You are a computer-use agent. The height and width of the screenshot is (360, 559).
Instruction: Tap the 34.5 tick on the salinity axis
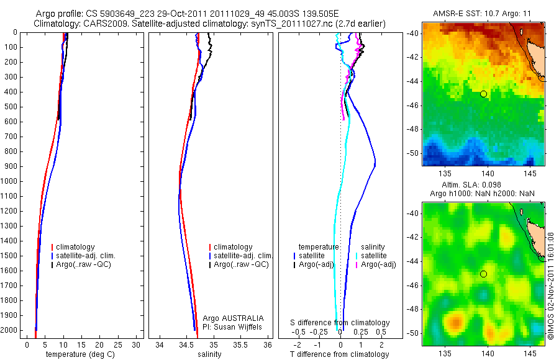pyautogui.click(x=186, y=343)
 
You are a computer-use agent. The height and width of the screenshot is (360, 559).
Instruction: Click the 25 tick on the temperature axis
pyautogui.click(x=118, y=343)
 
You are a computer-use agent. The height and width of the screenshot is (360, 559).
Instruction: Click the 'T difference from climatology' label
pyautogui.click(x=339, y=354)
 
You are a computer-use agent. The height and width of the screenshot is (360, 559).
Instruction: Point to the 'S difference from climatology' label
pyautogui.click(x=340, y=323)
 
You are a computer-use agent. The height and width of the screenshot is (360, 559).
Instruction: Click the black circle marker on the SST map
pyautogui.click(x=483, y=94)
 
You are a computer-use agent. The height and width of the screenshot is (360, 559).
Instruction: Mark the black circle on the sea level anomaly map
pyautogui.click(x=483, y=274)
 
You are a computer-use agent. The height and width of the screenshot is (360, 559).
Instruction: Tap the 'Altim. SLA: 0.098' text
pyautogui.click(x=484, y=185)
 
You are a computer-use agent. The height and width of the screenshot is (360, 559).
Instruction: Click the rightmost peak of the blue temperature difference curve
pyautogui.click(x=375, y=165)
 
